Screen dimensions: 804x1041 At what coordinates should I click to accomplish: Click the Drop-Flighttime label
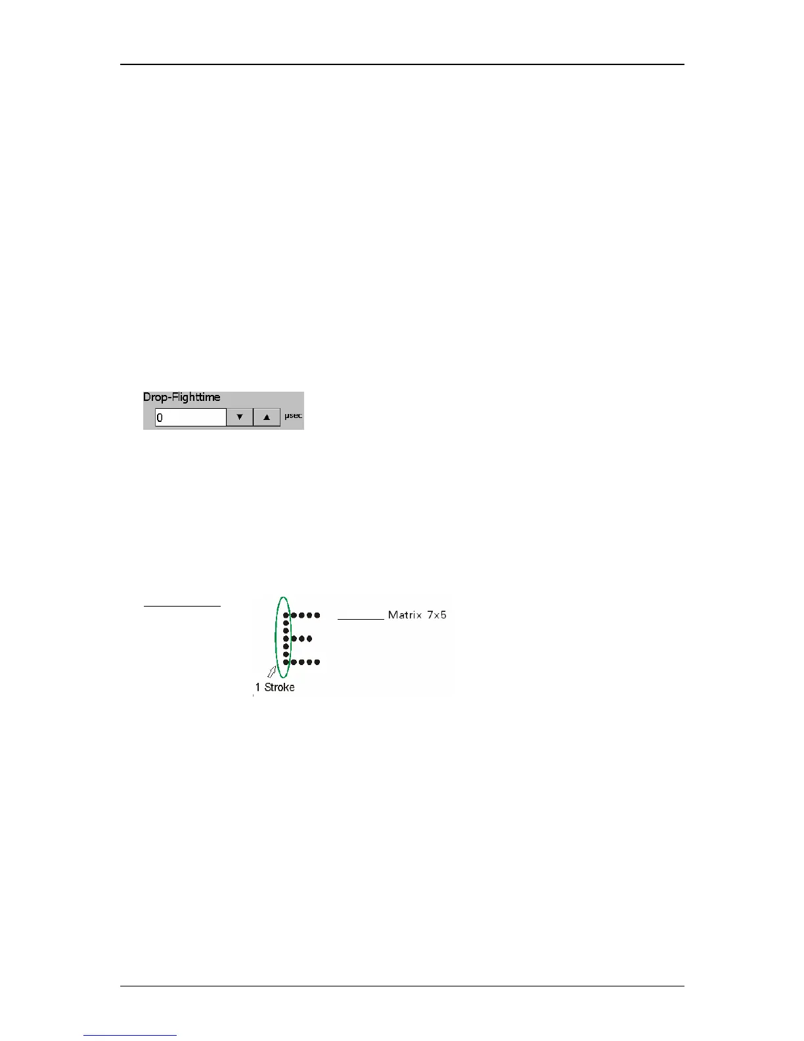click(x=181, y=397)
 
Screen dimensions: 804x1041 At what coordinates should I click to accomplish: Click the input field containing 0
click(x=190, y=417)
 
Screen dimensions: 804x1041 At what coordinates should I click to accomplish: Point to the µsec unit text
click(x=293, y=416)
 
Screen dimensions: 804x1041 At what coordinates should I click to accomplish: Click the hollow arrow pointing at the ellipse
click(x=271, y=671)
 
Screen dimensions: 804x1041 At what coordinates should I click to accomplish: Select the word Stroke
click(x=279, y=687)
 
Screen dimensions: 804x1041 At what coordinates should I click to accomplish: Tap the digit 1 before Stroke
click(x=257, y=687)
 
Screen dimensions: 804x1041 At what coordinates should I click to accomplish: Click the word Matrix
click(x=405, y=615)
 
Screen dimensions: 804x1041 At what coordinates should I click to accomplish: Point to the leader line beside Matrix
click(x=361, y=619)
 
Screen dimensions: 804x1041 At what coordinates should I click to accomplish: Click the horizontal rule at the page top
click(x=402, y=64)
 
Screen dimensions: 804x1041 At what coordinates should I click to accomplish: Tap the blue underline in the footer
click(x=130, y=1035)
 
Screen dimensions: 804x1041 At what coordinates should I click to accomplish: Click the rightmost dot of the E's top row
click(x=317, y=616)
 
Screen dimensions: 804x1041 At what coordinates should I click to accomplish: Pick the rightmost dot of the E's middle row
click(x=309, y=638)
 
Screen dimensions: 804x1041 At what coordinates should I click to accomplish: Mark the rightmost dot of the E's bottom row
click(x=317, y=662)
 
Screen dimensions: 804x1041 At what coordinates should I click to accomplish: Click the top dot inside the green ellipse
click(x=286, y=616)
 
